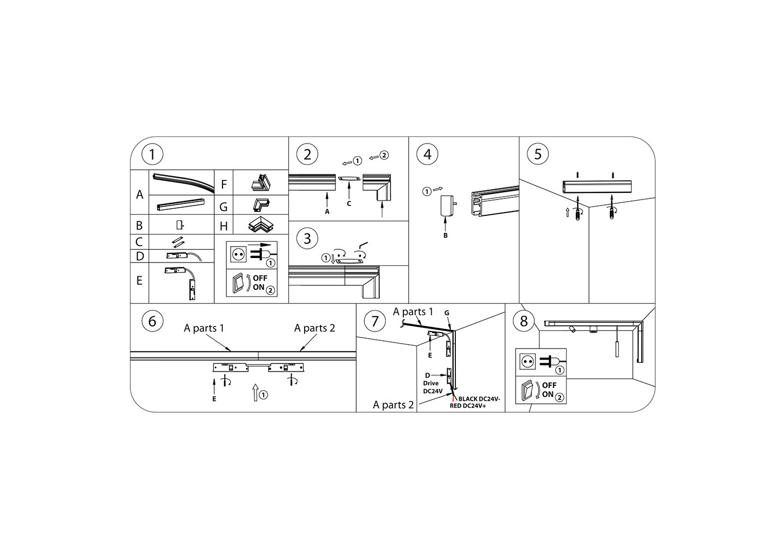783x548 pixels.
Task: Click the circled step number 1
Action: point(152,154)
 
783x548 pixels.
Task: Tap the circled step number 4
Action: point(427,154)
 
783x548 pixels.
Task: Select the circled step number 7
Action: point(375,321)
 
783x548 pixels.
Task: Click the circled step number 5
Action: point(538,154)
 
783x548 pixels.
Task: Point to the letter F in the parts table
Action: point(224,184)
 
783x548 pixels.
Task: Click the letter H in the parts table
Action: point(224,226)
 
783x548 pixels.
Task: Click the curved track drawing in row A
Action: point(183,182)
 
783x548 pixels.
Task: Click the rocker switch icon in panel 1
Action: point(237,283)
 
